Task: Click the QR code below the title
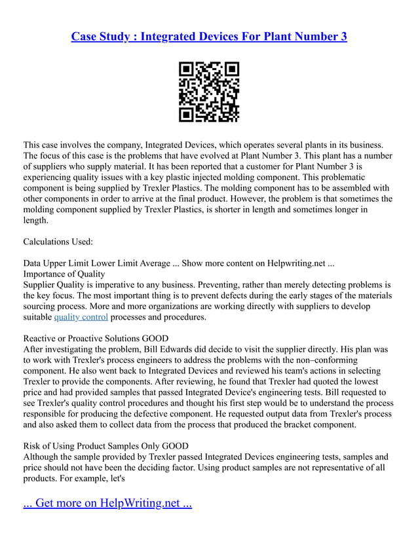click(x=209, y=92)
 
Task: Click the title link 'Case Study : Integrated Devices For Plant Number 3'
click(x=209, y=36)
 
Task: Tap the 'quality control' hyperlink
click(x=81, y=318)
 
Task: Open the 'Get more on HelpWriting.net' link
click(x=107, y=504)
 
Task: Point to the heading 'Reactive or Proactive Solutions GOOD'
click(x=96, y=339)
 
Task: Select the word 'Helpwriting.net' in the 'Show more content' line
click(x=297, y=263)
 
